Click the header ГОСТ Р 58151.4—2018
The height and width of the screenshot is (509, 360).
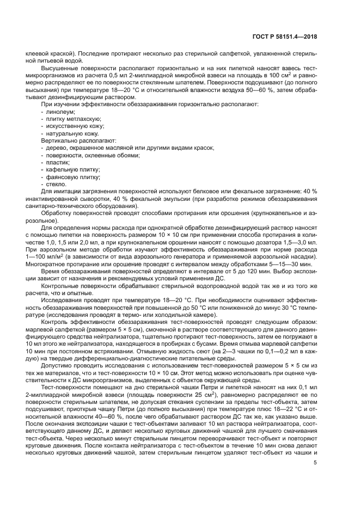click(292, 37)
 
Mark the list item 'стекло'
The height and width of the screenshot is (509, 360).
click(56, 185)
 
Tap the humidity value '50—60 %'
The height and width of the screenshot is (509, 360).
click(267, 89)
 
